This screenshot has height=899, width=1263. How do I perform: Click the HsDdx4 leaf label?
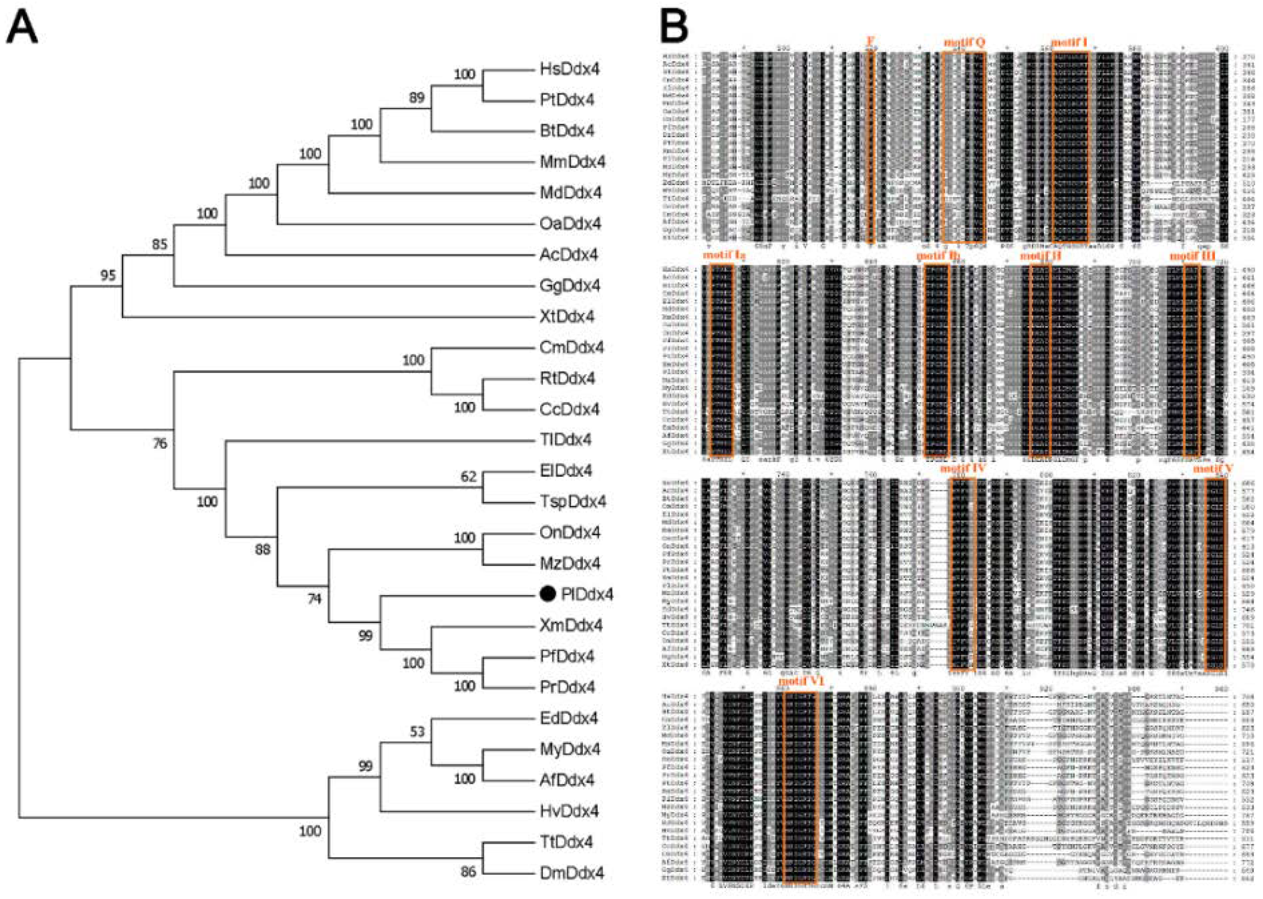click(569, 69)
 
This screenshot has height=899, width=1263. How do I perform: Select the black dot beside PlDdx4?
click(547, 594)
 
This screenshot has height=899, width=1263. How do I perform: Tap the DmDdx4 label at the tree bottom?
click(572, 873)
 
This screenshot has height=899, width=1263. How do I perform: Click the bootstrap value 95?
click(108, 275)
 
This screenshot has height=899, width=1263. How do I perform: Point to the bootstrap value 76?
click(160, 443)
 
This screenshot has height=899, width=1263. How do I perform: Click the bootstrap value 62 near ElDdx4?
click(468, 477)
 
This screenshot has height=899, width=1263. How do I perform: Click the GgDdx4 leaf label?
click(570, 286)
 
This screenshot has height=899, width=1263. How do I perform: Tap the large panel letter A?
click(22, 27)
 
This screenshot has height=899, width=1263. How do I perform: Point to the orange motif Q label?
click(964, 43)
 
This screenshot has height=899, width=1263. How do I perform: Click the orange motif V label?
click(1211, 469)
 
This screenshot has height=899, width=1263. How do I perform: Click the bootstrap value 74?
click(314, 599)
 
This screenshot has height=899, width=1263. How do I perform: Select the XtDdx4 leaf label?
click(567, 317)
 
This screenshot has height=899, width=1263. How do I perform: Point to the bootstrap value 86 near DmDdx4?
click(468, 872)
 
